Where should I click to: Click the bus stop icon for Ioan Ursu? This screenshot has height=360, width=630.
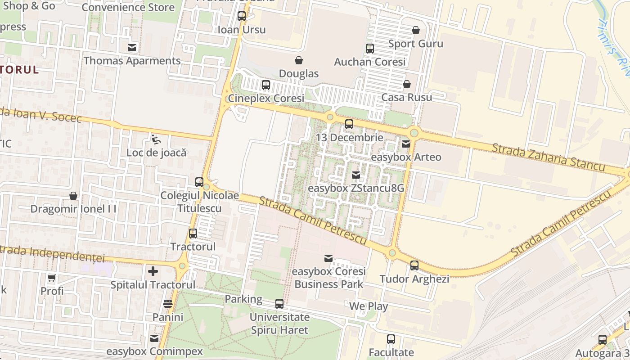pos(242,16)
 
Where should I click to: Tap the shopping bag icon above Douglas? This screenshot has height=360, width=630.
pos(298,60)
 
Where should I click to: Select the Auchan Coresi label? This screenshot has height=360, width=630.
pos(370,62)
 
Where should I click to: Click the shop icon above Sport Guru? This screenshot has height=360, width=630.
pos(415,30)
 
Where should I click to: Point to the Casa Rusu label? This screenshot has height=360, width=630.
pos(406,97)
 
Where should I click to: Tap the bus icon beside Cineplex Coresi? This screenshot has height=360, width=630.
pos(265,85)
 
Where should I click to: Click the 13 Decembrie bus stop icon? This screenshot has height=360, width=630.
pos(349,124)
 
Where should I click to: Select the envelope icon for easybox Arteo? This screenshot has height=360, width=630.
pos(405,144)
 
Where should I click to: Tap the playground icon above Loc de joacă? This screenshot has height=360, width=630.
pos(156,139)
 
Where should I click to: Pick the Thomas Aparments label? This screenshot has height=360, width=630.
pos(132,61)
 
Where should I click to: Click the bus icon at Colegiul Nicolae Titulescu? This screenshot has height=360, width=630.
pos(199,182)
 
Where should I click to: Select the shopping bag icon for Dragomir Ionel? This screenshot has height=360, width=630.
pos(73,196)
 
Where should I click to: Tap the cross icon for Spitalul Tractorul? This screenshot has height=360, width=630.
pos(153,271)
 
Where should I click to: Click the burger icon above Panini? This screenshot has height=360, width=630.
pos(168,304)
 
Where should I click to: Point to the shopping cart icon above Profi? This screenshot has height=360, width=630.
pos(52,278)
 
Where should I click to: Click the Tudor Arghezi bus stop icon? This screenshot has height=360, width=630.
pos(414,265)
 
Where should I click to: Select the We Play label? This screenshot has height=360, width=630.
pos(369,306)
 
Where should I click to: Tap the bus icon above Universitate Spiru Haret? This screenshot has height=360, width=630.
pos(279,304)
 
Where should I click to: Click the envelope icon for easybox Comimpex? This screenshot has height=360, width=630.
pos(154,338)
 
